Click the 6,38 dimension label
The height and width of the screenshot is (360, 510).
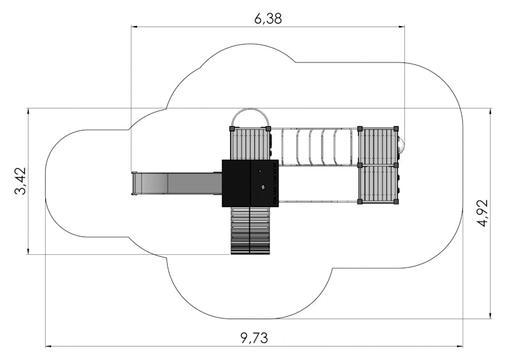(x=268, y=18)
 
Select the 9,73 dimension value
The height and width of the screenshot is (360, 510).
(x=254, y=338)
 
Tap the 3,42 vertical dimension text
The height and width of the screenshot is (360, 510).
(x=20, y=181)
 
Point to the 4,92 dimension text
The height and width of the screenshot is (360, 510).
(x=483, y=213)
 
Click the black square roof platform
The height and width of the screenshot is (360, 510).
(x=250, y=183)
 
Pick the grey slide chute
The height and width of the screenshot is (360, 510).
(x=177, y=184)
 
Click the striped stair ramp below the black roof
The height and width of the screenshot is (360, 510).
(x=250, y=231)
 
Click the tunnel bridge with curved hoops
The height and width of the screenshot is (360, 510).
(x=315, y=147)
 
